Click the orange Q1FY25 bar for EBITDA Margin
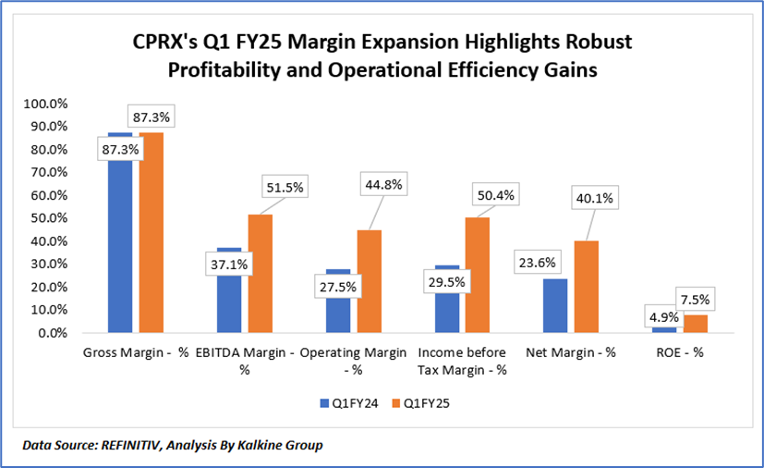point(260,274)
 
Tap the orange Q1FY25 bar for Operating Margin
point(369,281)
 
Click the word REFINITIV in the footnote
point(135,446)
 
